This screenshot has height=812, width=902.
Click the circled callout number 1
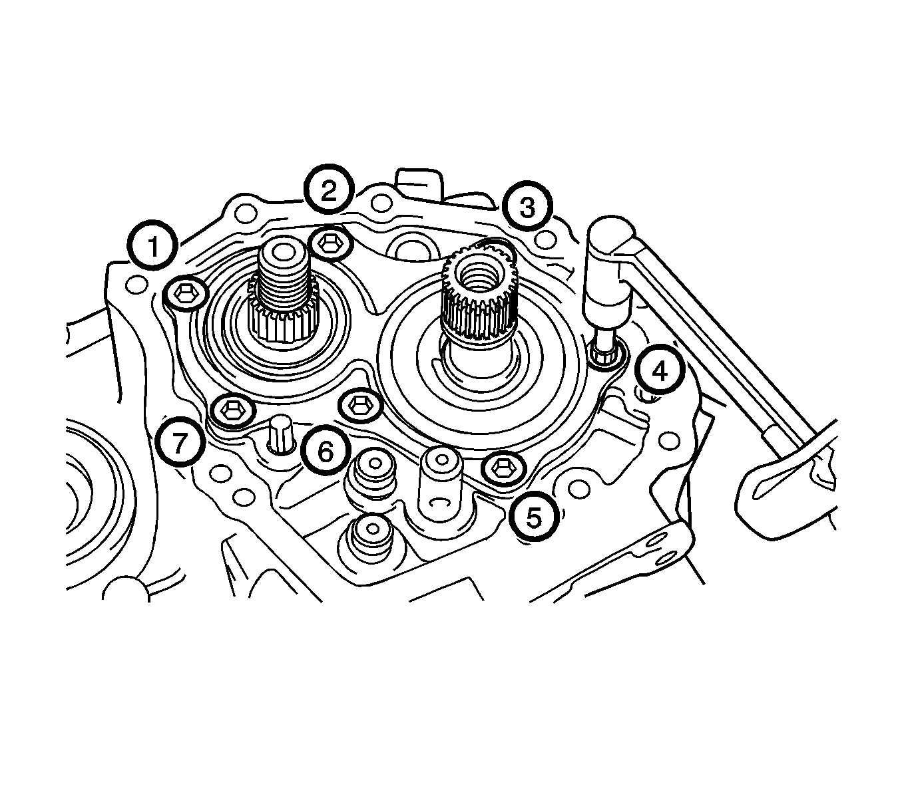click(x=153, y=245)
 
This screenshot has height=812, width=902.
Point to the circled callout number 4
click(x=660, y=371)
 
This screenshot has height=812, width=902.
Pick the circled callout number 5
click(x=535, y=518)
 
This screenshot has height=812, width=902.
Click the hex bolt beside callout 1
click(x=185, y=295)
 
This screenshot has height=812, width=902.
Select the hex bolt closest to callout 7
click(x=233, y=410)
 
